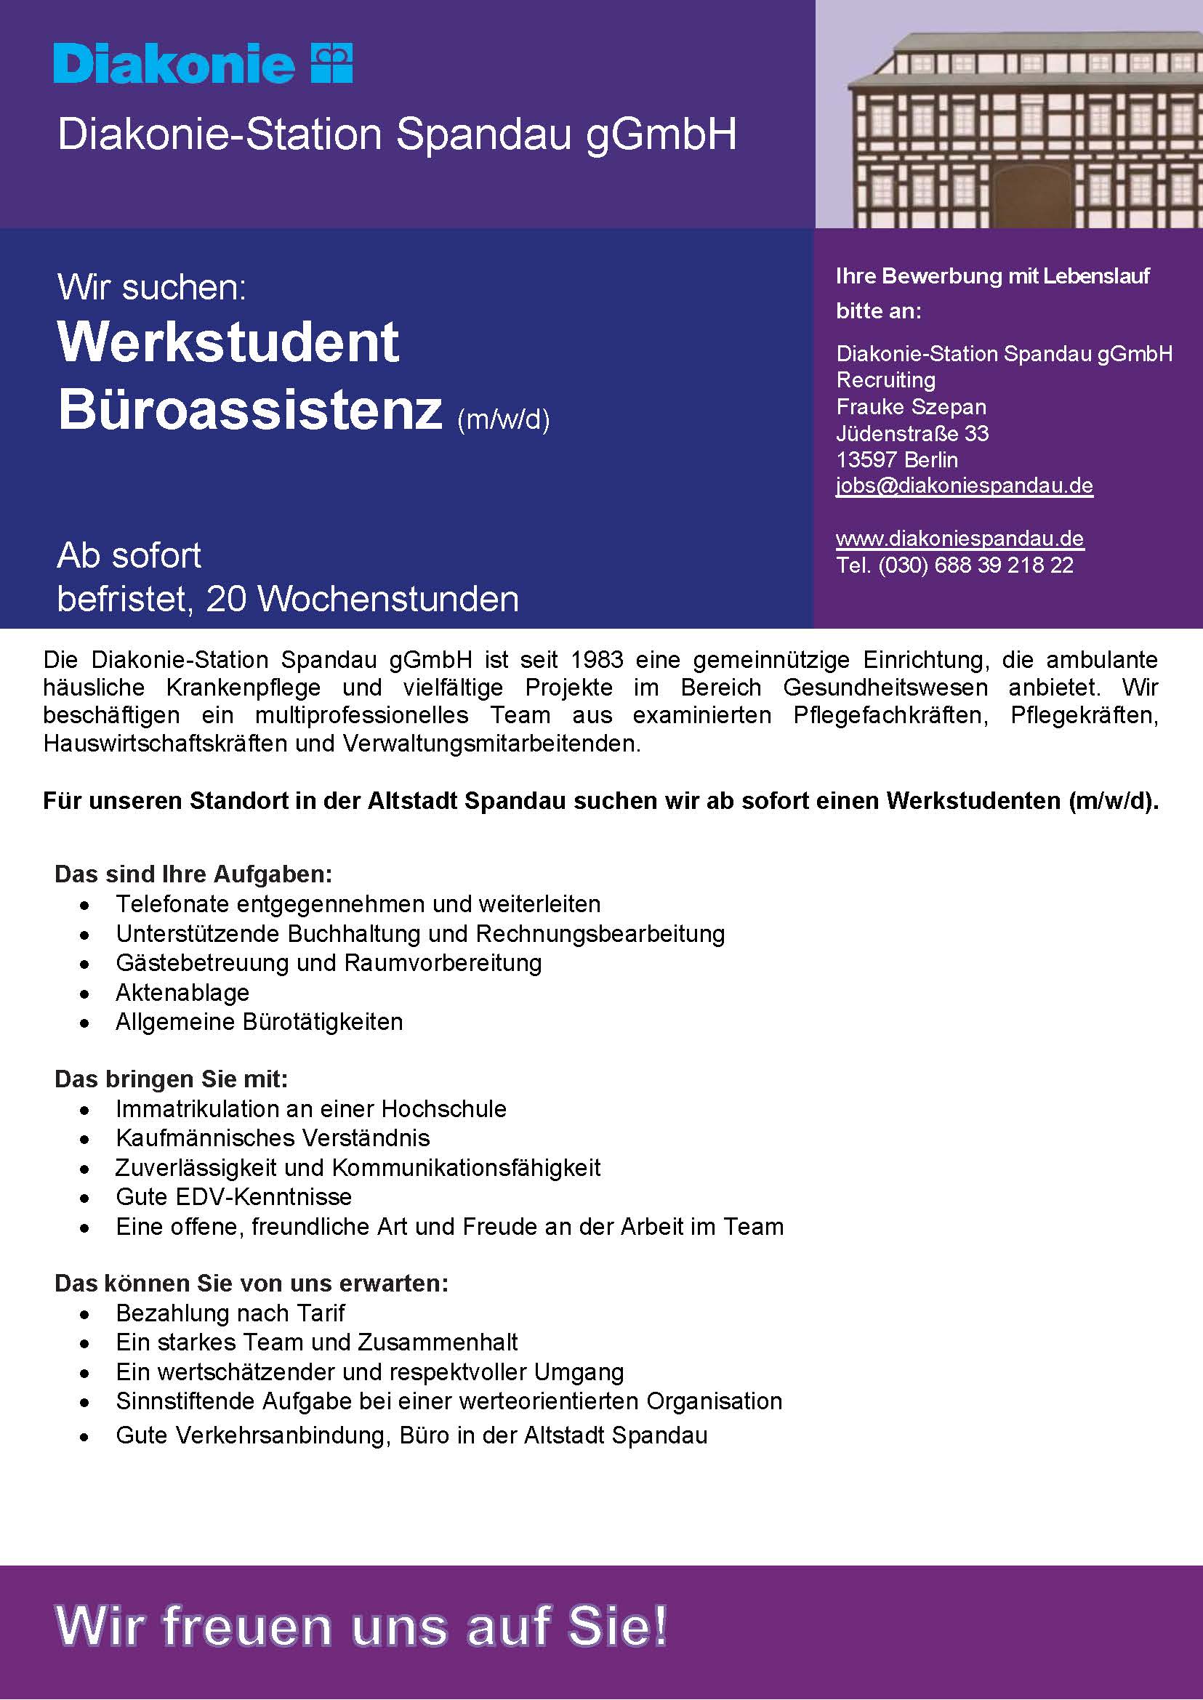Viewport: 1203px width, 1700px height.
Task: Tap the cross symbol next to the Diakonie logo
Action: (x=332, y=63)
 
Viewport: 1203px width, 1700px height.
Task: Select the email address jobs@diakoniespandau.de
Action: (x=964, y=486)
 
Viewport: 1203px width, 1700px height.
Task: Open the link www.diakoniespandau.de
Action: (x=959, y=539)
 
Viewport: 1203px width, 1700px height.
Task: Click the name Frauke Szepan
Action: (x=910, y=407)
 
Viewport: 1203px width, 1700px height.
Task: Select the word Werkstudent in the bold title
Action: (x=228, y=343)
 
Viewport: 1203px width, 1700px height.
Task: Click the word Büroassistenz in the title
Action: (x=250, y=410)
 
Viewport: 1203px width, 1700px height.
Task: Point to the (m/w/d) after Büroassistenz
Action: (x=503, y=420)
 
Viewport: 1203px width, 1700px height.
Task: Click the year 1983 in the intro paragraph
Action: (x=597, y=659)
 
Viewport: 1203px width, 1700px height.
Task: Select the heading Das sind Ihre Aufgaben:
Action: (x=193, y=874)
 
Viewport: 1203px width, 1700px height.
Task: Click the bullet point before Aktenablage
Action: (x=86, y=994)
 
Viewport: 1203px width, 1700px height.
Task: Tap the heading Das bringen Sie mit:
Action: (x=171, y=1079)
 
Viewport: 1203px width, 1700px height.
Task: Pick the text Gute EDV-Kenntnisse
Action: (x=233, y=1196)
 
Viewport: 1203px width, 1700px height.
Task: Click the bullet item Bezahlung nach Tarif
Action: (x=230, y=1313)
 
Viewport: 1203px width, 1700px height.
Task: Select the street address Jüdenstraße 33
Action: (x=912, y=433)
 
